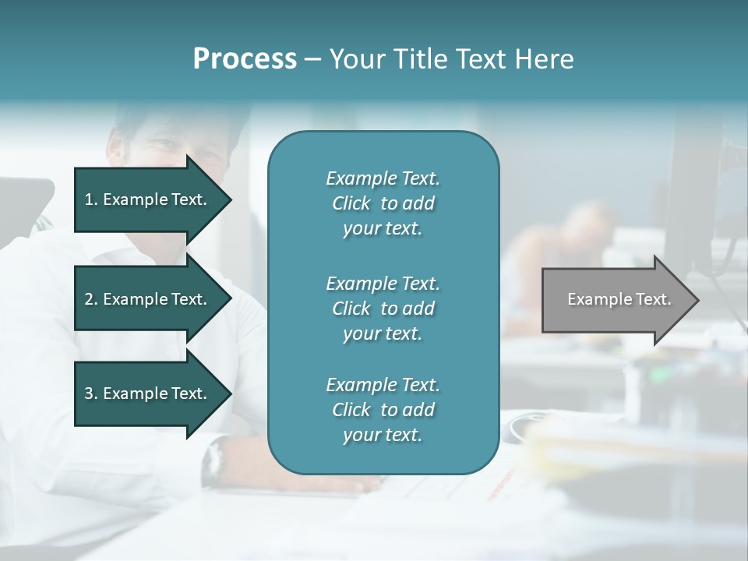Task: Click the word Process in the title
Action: coord(245,59)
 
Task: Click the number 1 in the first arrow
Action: coord(89,199)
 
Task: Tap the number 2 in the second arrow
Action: coord(89,299)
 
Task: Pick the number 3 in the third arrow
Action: coord(89,393)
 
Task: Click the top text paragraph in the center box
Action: coord(383,203)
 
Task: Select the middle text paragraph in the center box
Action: coord(383,308)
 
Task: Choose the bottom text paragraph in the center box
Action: coord(383,410)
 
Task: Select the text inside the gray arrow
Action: coord(619,299)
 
